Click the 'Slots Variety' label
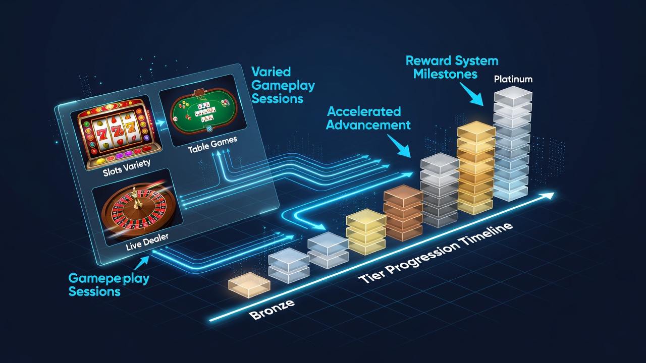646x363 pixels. pos(127,168)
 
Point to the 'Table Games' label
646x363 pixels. pos(212,145)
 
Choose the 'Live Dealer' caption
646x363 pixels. pos(147,242)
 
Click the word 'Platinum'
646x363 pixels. pos(513,79)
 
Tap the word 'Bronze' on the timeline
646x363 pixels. pos(272,310)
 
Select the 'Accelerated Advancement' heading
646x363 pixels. pos(368,118)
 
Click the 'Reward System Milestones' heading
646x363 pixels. pos(452,68)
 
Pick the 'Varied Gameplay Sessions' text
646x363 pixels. pos(283,85)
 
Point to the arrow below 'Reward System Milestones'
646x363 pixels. pos(472,94)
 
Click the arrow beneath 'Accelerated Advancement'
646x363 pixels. pos(399,146)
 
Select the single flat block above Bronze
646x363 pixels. pos(249,285)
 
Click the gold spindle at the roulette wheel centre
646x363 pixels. pos(137,199)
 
